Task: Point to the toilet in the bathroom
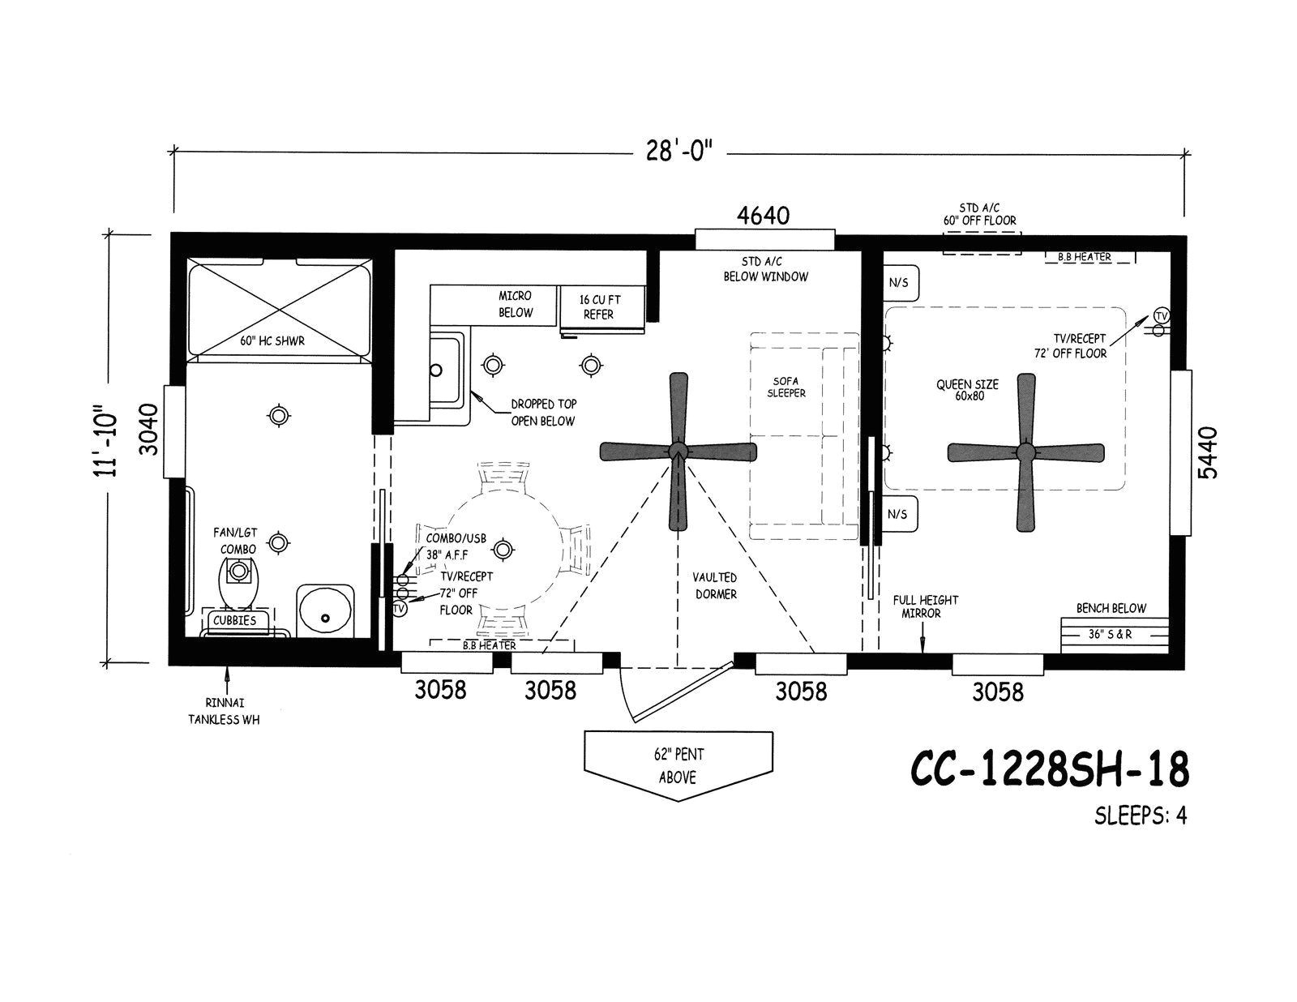tap(238, 582)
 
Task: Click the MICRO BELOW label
tap(516, 305)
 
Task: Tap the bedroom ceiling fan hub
tap(1026, 452)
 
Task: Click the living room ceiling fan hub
tap(678, 451)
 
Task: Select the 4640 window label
tap(763, 216)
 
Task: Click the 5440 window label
tap(1209, 453)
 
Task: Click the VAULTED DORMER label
tap(714, 585)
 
